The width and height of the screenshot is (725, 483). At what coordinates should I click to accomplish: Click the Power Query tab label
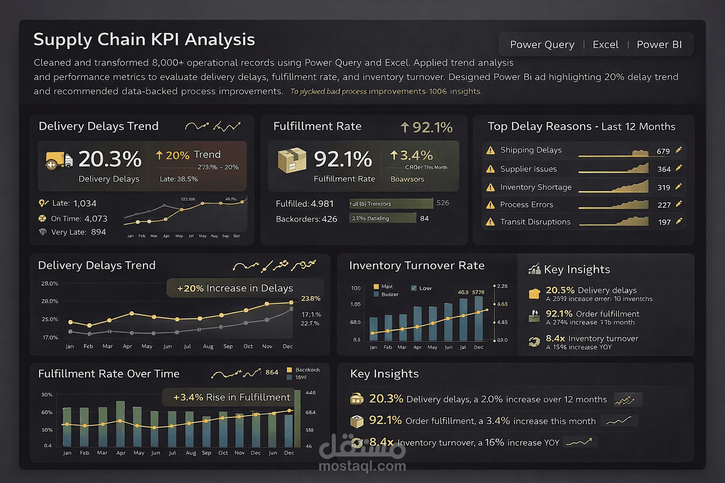[x=542, y=45]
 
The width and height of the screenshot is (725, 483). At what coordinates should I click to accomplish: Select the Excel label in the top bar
[x=605, y=45]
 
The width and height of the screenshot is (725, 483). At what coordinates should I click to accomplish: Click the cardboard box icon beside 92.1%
[x=292, y=160]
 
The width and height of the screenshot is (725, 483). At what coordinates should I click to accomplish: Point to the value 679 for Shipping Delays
[x=663, y=151]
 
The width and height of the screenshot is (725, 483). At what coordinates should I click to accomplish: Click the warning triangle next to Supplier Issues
[x=490, y=169]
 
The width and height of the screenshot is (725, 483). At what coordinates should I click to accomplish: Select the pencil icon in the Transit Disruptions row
[x=679, y=221]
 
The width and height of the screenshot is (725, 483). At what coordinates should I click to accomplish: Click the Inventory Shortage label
[x=536, y=187]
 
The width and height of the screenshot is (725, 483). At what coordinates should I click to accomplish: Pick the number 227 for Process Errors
[x=664, y=205]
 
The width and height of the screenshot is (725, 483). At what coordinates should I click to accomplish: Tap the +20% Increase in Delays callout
[x=235, y=288]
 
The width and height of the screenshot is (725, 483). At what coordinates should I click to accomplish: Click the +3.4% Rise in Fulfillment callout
[x=232, y=397]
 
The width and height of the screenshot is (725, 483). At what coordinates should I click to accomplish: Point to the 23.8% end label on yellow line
[x=311, y=299]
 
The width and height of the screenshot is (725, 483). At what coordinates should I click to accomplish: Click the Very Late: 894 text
[x=78, y=232]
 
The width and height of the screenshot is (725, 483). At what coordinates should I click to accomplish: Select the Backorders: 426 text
[x=306, y=219]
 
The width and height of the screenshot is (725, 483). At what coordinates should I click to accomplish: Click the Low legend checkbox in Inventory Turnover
[x=413, y=288]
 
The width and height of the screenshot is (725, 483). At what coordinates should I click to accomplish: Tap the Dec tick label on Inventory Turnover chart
[x=479, y=347]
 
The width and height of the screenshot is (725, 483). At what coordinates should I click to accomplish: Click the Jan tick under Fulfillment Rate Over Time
[x=67, y=453]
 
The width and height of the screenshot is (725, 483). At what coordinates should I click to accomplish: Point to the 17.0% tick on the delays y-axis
[x=50, y=338]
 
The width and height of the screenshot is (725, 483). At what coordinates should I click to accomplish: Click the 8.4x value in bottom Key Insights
[x=381, y=442]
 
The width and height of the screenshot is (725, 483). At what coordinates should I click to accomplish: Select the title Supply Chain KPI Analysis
[x=144, y=40]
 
